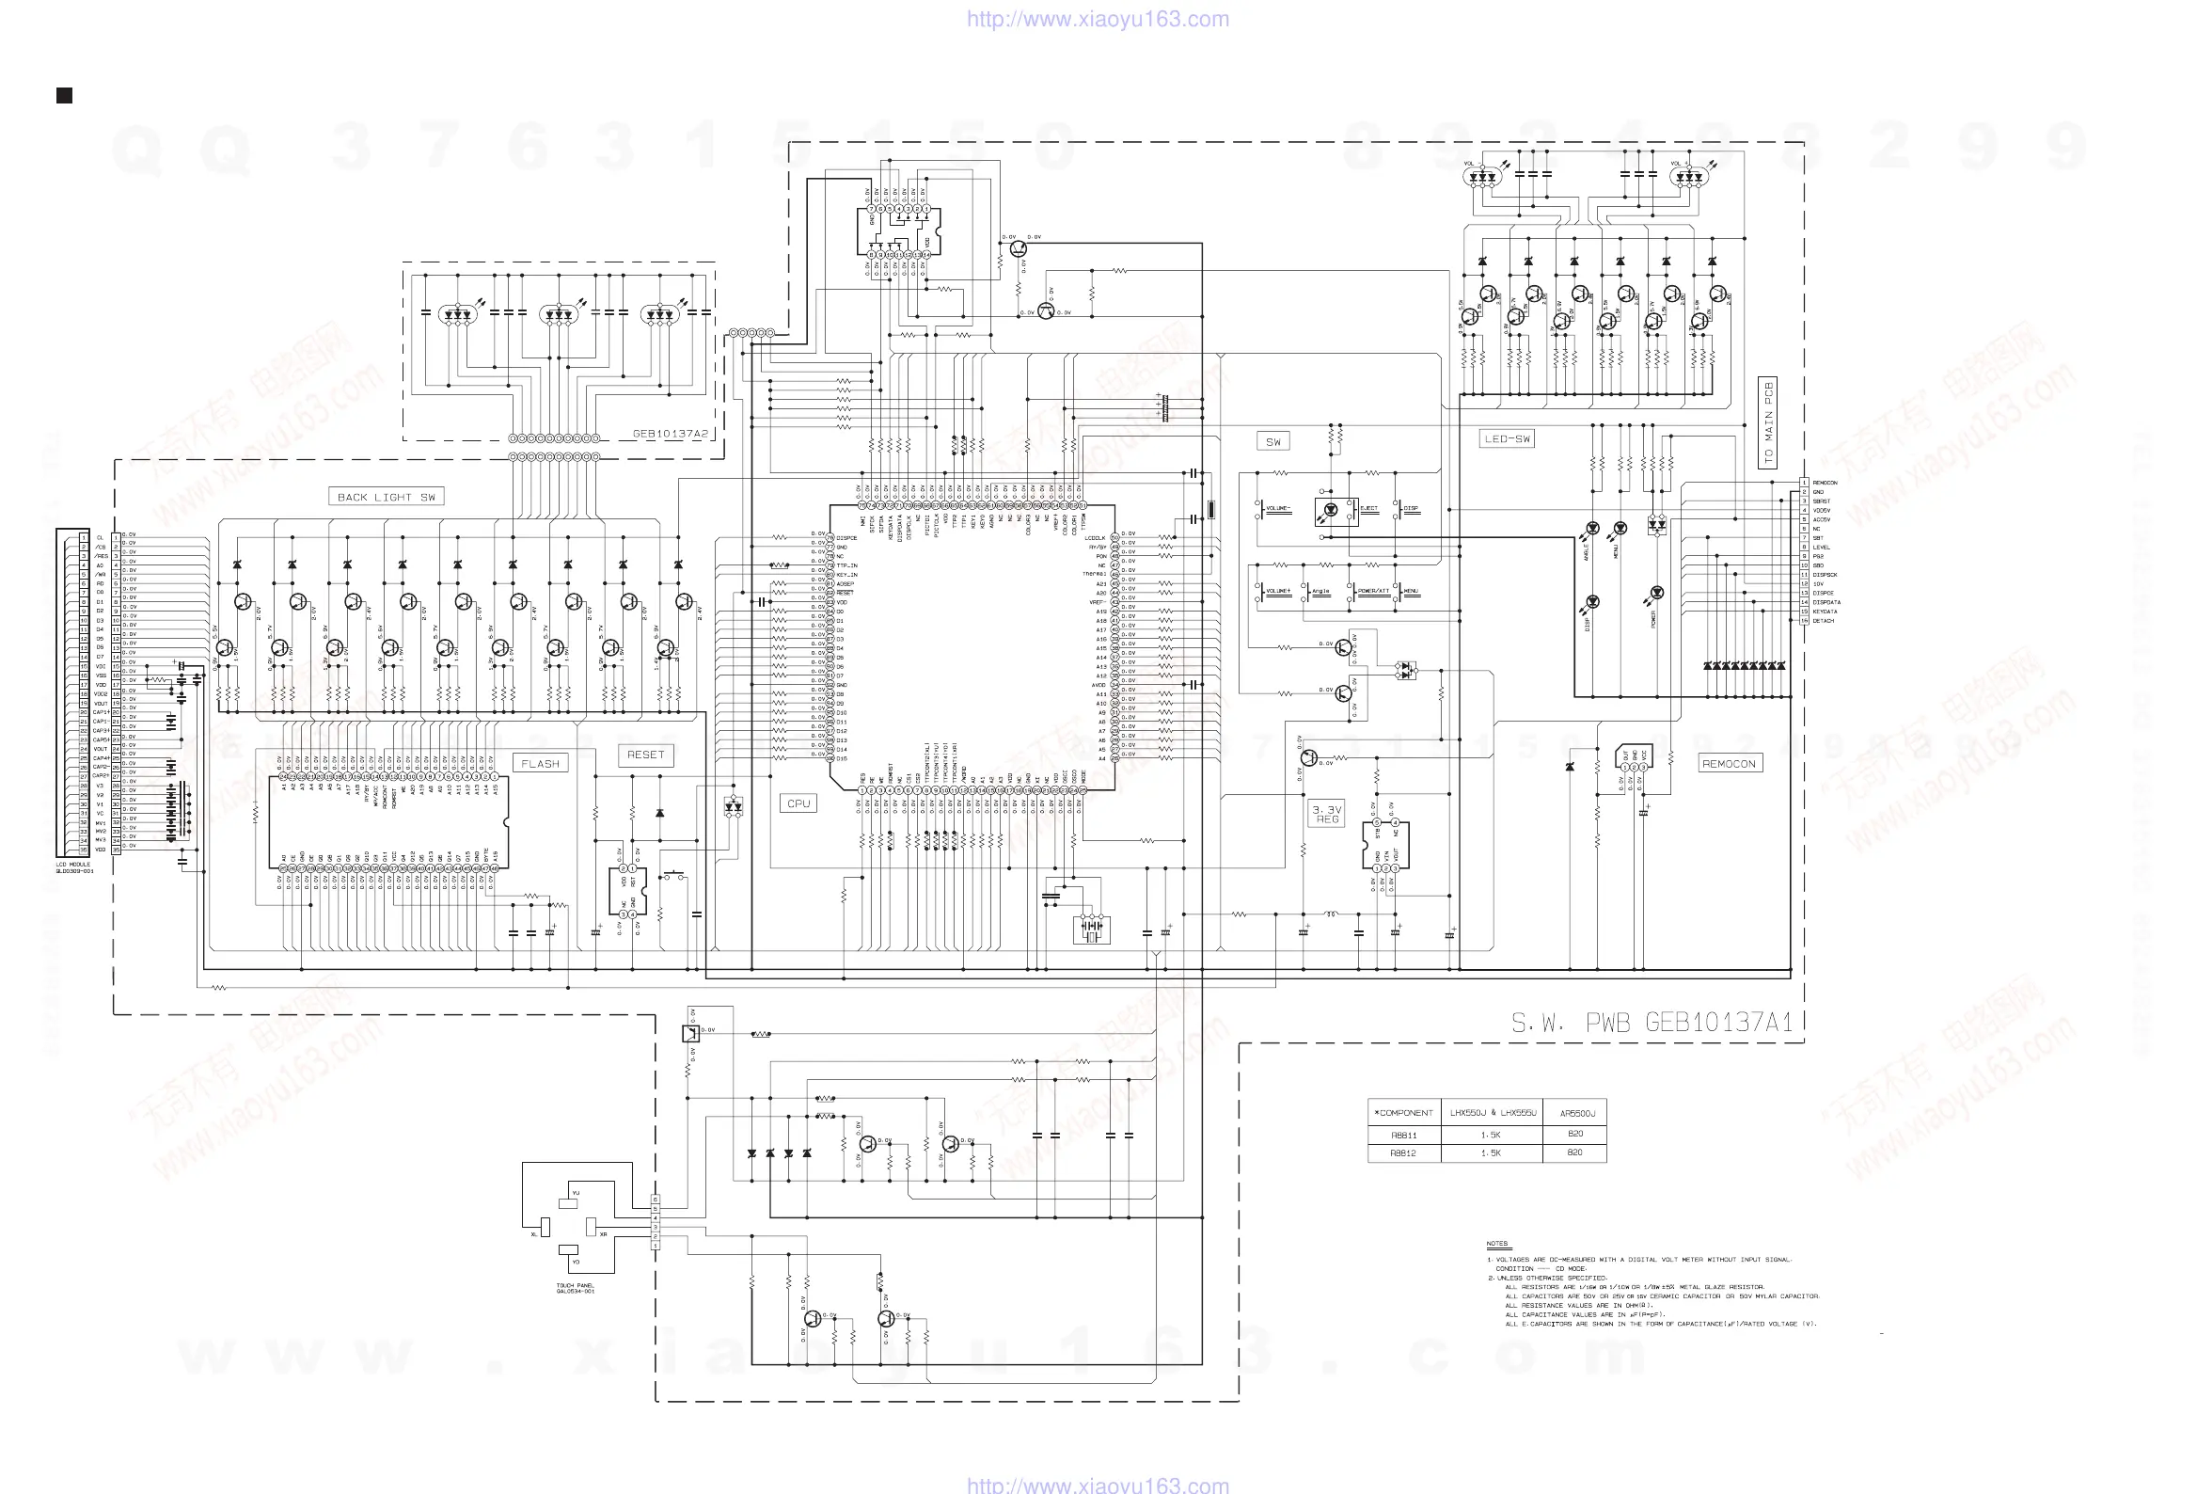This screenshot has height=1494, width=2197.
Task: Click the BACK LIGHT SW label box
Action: click(386, 497)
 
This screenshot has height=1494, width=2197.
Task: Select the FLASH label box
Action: click(540, 763)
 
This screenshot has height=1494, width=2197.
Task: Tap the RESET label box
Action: click(646, 755)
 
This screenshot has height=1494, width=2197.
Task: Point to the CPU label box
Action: click(798, 803)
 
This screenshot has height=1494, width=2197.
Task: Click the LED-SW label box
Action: click(1507, 438)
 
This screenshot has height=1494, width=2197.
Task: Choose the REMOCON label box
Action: click(1728, 763)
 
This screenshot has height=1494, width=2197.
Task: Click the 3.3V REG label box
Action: click(1327, 814)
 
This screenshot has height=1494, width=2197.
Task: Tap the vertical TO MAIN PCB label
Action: click(1768, 422)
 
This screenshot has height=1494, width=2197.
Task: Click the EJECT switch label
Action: click(1368, 509)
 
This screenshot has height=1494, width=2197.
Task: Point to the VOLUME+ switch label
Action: click(1278, 591)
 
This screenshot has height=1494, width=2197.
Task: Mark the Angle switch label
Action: click(1320, 591)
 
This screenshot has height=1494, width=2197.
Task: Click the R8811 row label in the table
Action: click(1404, 1135)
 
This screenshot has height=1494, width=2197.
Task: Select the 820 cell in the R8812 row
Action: click(1575, 1152)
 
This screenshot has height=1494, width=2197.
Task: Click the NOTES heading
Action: click(1496, 1244)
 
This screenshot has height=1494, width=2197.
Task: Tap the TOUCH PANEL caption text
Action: click(575, 1288)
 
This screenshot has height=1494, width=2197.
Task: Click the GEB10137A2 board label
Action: click(670, 433)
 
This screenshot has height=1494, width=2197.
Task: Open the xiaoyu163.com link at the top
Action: click(1098, 19)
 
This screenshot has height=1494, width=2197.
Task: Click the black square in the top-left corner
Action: click(64, 96)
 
